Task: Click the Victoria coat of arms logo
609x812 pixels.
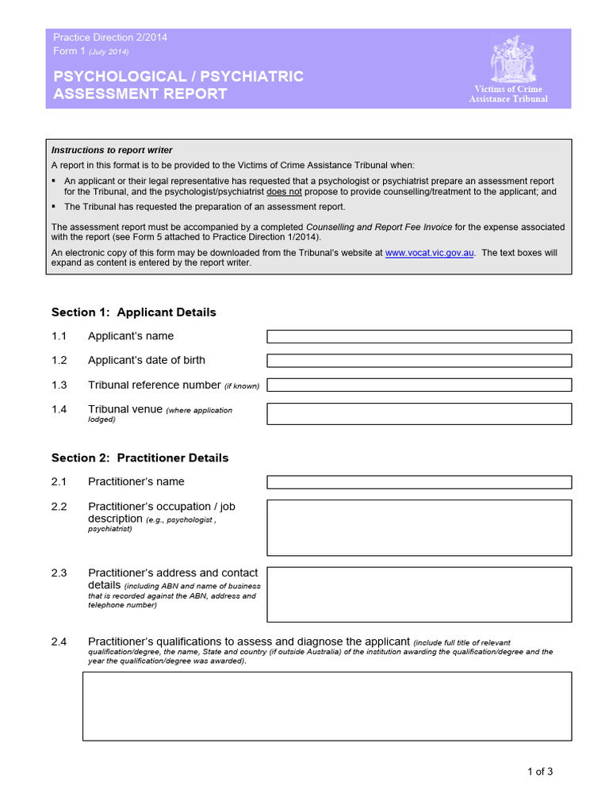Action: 507,60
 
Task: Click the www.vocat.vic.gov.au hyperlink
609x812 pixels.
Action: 430,253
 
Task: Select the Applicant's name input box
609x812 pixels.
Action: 419,336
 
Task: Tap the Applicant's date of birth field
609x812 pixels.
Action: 419,361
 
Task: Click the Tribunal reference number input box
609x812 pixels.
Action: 419,385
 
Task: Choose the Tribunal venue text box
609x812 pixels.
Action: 419,414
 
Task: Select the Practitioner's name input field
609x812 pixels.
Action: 419,482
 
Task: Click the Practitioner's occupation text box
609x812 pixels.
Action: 419,527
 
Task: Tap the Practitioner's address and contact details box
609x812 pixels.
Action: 419,594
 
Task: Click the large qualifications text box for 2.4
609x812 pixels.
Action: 327,706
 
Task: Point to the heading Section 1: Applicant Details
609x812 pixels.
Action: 133,312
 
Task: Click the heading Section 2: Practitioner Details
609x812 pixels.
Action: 140,458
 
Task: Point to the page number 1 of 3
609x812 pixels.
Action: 539,771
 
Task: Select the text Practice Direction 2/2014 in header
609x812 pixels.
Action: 109,37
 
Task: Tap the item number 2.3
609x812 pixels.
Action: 59,573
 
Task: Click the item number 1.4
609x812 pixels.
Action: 59,409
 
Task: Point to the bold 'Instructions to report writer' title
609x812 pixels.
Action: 112,150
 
